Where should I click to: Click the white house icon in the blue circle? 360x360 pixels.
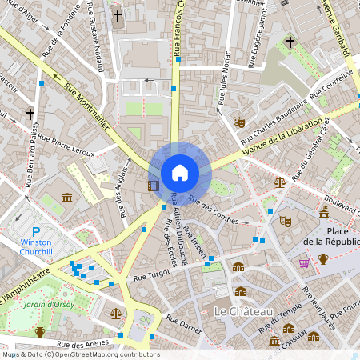[x=180, y=173]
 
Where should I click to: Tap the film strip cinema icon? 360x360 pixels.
[x=153, y=186]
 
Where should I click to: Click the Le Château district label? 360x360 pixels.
[x=244, y=310]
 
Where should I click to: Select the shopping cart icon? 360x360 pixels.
[x=304, y=262]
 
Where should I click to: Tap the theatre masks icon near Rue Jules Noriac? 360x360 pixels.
[x=238, y=122]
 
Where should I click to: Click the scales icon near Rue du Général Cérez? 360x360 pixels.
[x=279, y=182]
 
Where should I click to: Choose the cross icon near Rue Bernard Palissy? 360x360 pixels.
[x=30, y=114]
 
